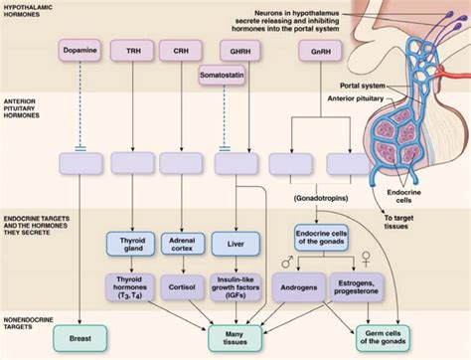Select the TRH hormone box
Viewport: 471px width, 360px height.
pos(131,47)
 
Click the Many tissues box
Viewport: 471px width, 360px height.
pos(235,338)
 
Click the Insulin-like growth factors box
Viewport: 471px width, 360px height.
pos(235,290)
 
